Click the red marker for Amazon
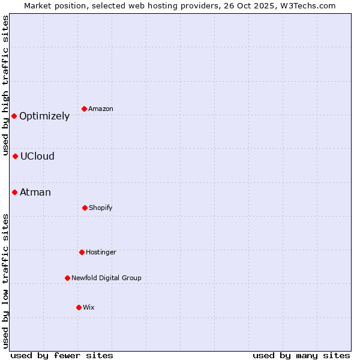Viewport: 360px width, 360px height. (84, 109)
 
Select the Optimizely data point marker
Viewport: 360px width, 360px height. (14, 116)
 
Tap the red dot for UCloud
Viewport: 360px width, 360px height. (15, 156)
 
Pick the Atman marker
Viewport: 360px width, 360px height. (14, 192)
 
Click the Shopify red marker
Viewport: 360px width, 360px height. (85, 208)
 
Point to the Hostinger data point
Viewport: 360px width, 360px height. (82, 252)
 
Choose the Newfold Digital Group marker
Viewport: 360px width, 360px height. (67, 278)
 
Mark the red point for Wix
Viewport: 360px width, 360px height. (79, 307)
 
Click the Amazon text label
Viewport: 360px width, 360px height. (101, 109)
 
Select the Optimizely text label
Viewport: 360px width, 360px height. (44, 116)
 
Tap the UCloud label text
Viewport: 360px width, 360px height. (37, 157)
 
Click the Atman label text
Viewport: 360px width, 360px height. (35, 193)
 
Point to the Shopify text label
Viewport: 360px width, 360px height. (101, 208)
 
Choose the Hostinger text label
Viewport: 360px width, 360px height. (101, 252)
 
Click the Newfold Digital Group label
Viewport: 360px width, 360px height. (106, 278)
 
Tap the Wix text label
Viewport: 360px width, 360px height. (89, 307)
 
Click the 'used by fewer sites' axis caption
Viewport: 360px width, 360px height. (62, 355)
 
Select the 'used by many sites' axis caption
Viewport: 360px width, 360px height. (301, 355)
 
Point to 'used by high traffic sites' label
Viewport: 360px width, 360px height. (5, 86)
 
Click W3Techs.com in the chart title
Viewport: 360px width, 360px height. (306, 5)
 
